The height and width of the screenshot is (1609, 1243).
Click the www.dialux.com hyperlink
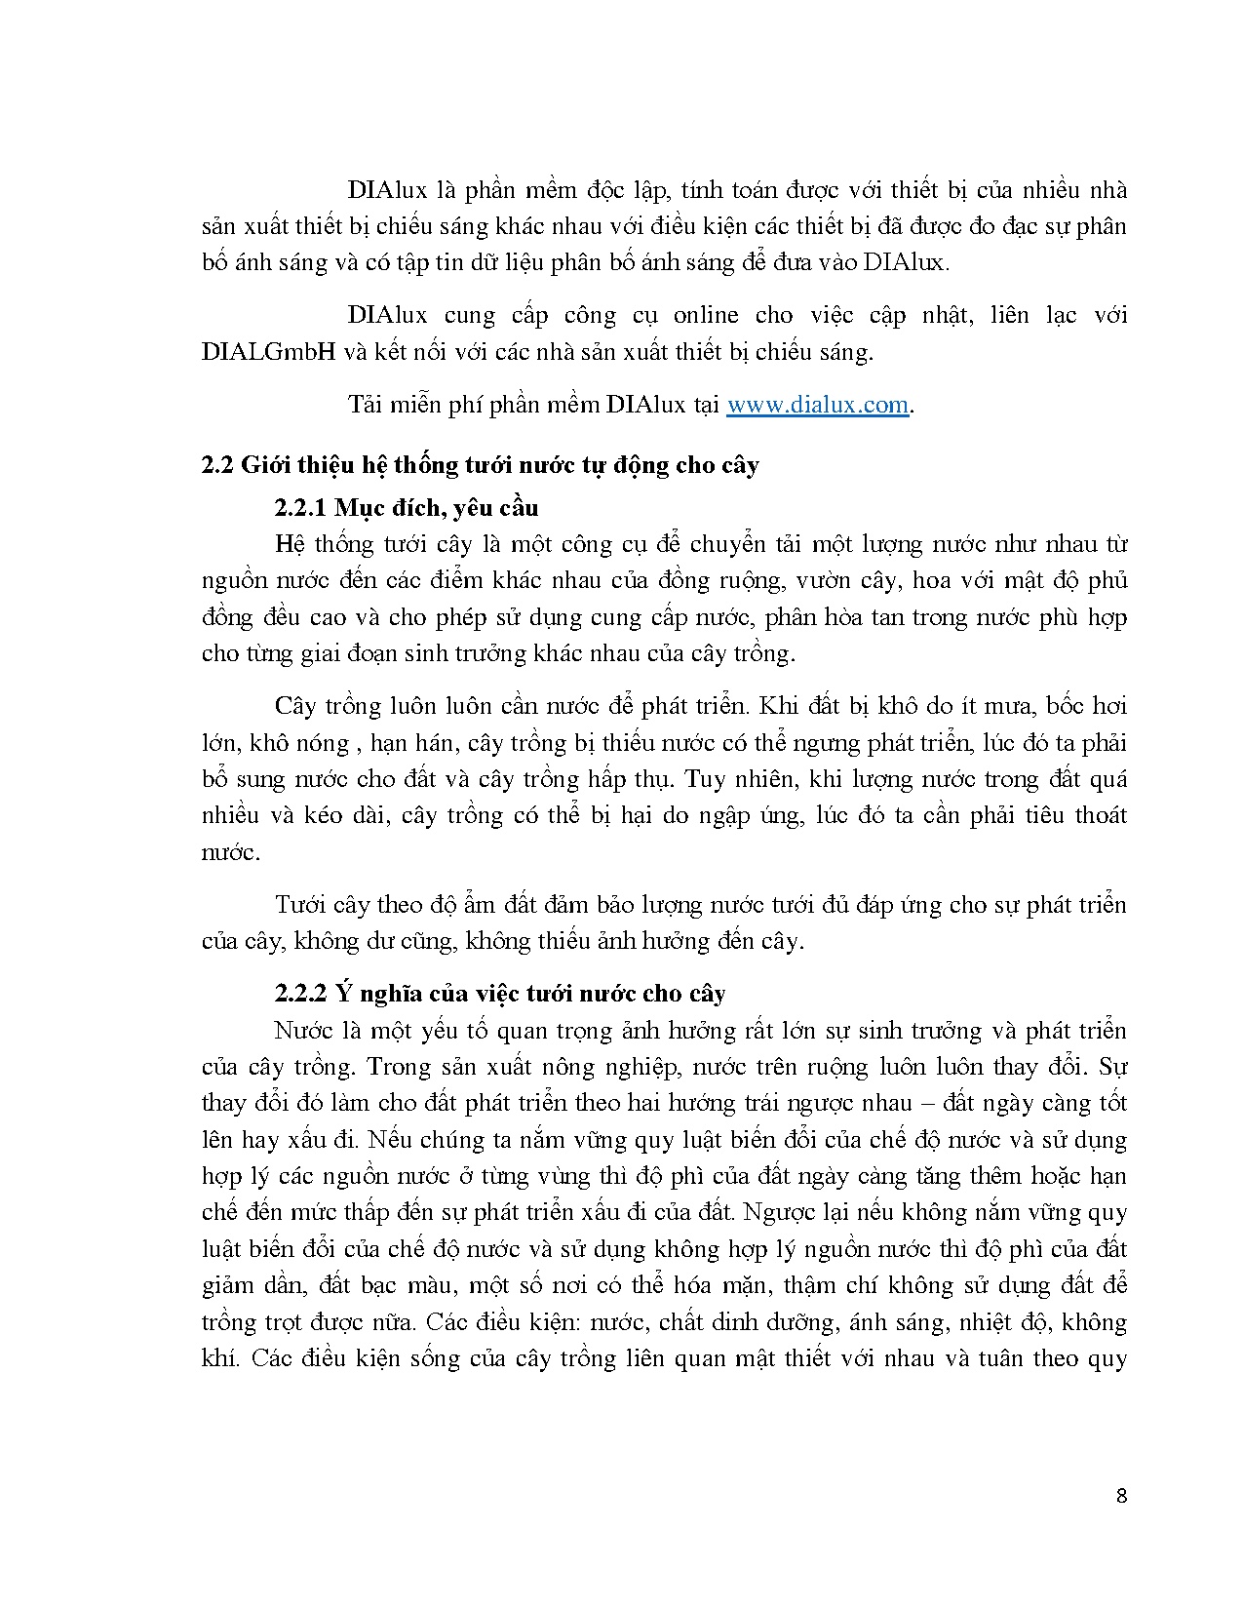click(817, 405)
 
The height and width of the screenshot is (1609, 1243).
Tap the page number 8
click(1121, 1496)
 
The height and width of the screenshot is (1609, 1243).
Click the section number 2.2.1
click(300, 508)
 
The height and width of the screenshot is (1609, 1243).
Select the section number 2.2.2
click(300, 994)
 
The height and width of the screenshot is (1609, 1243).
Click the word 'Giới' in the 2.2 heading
click(263, 465)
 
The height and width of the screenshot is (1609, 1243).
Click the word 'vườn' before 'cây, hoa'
click(828, 581)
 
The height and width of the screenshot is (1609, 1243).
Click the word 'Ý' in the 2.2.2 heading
click(342, 994)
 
